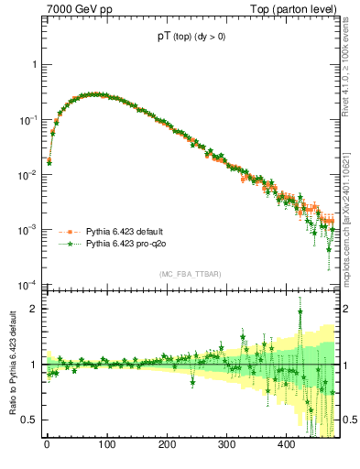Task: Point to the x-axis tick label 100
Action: [106, 445]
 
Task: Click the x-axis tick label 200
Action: [167, 445]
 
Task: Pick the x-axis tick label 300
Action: [226, 445]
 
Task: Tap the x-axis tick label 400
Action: [287, 445]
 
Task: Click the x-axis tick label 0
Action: [47, 445]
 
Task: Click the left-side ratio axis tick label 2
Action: [35, 309]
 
